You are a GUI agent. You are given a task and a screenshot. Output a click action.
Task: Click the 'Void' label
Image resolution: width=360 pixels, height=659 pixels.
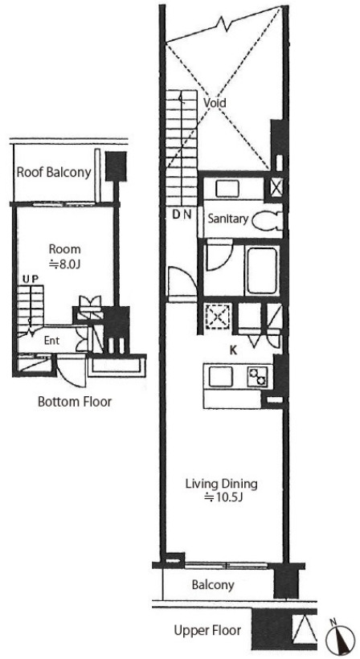pos(215,103)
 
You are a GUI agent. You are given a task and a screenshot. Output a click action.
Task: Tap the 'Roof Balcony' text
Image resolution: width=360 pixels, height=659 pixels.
pos(54,172)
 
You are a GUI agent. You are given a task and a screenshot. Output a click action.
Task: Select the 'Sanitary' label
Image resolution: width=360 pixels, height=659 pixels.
pos(228,219)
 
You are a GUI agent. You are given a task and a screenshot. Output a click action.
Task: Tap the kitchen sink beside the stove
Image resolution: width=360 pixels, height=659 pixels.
pos(221,376)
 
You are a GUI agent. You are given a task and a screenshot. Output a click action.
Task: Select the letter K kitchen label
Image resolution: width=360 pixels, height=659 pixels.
pos(233,351)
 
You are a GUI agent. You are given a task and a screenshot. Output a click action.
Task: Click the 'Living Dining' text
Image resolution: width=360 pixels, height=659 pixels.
pos(221,484)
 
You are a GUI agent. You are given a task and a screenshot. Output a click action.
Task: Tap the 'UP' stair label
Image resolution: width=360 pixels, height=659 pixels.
pos(31,280)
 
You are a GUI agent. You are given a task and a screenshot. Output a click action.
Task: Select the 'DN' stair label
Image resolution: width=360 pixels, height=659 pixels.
pos(182,215)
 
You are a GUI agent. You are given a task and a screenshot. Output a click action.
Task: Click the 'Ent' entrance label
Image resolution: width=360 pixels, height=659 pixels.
pos(51,341)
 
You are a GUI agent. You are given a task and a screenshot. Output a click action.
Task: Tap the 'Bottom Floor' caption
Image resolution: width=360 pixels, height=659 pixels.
pos(75,401)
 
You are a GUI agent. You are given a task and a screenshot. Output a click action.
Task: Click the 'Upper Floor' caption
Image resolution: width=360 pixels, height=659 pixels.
pos(207,630)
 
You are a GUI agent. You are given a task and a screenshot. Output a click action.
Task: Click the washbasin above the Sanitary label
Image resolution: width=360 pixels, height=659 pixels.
pos(227,189)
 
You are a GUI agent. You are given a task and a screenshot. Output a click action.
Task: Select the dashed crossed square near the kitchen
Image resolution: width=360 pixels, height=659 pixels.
pos(216,317)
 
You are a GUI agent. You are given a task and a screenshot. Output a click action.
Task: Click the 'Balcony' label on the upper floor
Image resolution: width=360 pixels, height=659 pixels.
pos(213,585)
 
